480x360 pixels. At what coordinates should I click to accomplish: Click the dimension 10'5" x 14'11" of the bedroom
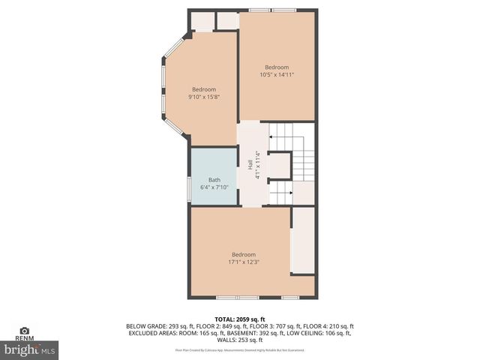(x=277, y=74)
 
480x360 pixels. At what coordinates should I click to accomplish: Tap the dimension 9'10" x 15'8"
(x=203, y=96)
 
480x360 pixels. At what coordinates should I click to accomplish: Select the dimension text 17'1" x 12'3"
(x=243, y=262)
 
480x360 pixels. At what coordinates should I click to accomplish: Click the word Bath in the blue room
(x=214, y=180)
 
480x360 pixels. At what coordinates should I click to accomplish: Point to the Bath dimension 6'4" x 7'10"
(x=214, y=187)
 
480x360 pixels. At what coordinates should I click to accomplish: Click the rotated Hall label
(x=250, y=164)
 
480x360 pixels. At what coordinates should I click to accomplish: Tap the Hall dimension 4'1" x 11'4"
(x=257, y=165)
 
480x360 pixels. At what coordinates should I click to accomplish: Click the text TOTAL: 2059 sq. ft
(x=239, y=319)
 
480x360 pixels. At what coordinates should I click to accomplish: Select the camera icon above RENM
(x=24, y=330)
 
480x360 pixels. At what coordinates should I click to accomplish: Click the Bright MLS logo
(x=30, y=349)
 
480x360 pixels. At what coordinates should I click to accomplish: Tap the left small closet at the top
(x=203, y=20)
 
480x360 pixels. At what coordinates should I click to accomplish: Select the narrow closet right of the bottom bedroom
(x=302, y=240)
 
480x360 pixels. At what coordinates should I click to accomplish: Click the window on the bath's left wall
(x=189, y=187)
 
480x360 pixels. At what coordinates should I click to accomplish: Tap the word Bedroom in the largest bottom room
(x=243, y=254)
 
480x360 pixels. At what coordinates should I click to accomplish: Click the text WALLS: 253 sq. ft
(x=240, y=340)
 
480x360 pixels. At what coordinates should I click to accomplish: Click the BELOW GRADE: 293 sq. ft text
(x=154, y=326)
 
